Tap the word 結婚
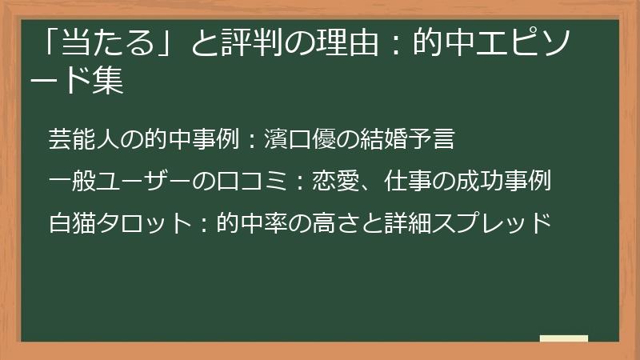(x=370, y=140)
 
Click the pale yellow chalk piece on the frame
(x=564, y=338)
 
